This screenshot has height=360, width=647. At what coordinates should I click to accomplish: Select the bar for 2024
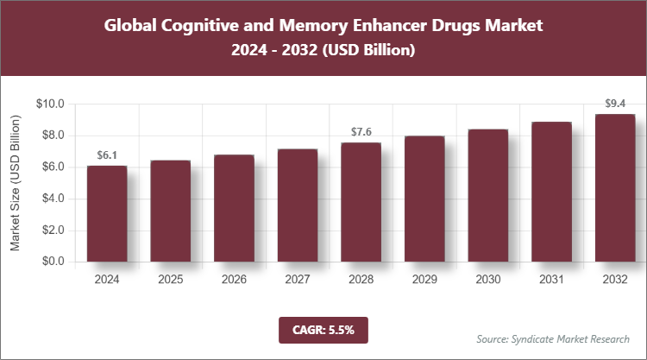pyautogui.click(x=107, y=214)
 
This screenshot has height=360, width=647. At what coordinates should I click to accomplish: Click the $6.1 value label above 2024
pyautogui.click(x=107, y=155)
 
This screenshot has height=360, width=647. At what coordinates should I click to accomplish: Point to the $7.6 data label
pyautogui.click(x=361, y=131)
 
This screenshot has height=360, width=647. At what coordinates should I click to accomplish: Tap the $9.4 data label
pyautogui.click(x=615, y=104)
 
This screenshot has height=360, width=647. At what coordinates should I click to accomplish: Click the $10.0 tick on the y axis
pyautogui.click(x=51, y=104)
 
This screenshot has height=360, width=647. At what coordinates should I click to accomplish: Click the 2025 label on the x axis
pyautogui.click(x=171, y=280)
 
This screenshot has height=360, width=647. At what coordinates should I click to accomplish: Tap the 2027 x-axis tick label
pyautogui.click(x=298, y=280)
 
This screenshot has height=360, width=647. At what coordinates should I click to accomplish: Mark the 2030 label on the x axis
pyautogui.click(x=488, y=280)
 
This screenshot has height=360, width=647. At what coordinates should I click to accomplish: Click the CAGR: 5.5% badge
pyautogui.click(x=323, y=329)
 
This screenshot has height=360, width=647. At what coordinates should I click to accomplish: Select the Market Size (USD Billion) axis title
pyautogui.click(x=16, y=183)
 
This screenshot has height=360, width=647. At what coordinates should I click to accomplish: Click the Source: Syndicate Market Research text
pyautogui.click(x=553, y=338)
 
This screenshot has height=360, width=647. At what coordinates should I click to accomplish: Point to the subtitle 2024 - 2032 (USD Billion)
pyautogui.click(x=323, y=51)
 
